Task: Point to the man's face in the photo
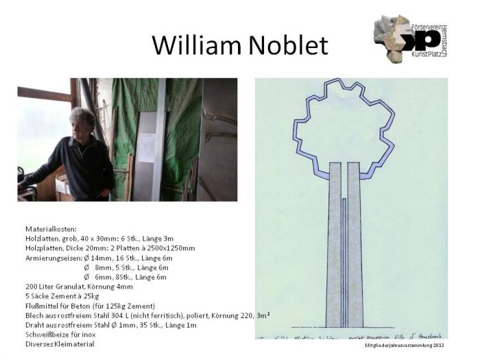coord(84,125)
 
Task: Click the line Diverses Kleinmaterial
coord(60,344)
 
